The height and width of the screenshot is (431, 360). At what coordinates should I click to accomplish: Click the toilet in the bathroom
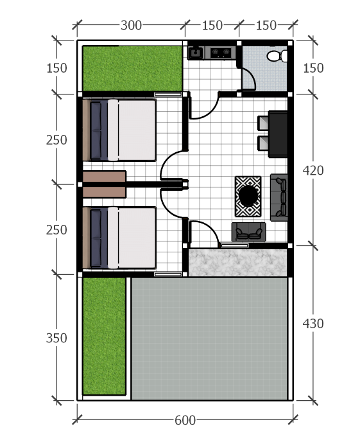(x=277, y=56)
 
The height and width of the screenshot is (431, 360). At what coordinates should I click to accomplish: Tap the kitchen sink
(x=196, y=53)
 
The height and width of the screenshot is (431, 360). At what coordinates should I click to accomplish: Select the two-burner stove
(x=220, y=53)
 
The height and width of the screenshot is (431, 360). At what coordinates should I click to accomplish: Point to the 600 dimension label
(x=185, y=420)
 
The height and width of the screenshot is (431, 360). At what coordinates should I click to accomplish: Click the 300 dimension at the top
(x=131, y=25)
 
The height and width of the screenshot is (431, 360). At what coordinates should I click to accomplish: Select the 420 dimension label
(x=313, y=170)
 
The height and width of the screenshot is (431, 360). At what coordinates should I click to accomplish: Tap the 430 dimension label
(x=313, y=324)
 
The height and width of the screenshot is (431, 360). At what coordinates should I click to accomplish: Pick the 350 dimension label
(x=56, y=338)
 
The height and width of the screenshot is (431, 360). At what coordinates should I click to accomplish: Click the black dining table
(x=278, y=134)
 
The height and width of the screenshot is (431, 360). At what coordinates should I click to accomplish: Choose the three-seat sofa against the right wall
(x=279, y=197)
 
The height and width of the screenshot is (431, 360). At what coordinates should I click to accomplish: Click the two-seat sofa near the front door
(x=249, y=232)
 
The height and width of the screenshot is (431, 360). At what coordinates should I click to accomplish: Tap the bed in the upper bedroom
(x=119, y=130)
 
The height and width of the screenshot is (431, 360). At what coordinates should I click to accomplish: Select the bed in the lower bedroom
(x=119, y=238)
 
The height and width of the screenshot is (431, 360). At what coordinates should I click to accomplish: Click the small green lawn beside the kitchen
(x=132, y=69)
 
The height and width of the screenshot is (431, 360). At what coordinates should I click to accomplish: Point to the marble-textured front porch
(x=238, y=263)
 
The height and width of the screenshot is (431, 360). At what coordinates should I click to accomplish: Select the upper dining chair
(x=263, y=123)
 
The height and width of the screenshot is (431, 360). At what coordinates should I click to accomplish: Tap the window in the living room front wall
(x=235, y=246)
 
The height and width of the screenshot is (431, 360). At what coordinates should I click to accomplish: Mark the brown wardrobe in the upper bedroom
(x=105, y=176)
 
